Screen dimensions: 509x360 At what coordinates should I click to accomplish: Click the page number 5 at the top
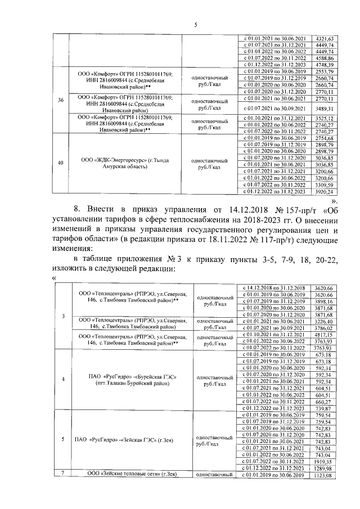click(196, 24)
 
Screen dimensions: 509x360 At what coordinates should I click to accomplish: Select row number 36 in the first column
click(60, 100)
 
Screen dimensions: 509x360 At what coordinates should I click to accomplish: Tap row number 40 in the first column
click(60, 163)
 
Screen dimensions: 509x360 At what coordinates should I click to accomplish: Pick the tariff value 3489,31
click(326, 108)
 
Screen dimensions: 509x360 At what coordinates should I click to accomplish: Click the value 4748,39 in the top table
click(326, 64)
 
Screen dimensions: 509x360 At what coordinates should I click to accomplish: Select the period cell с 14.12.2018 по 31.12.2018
click(273, 288)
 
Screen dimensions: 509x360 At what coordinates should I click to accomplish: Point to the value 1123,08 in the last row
click(324, 475)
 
